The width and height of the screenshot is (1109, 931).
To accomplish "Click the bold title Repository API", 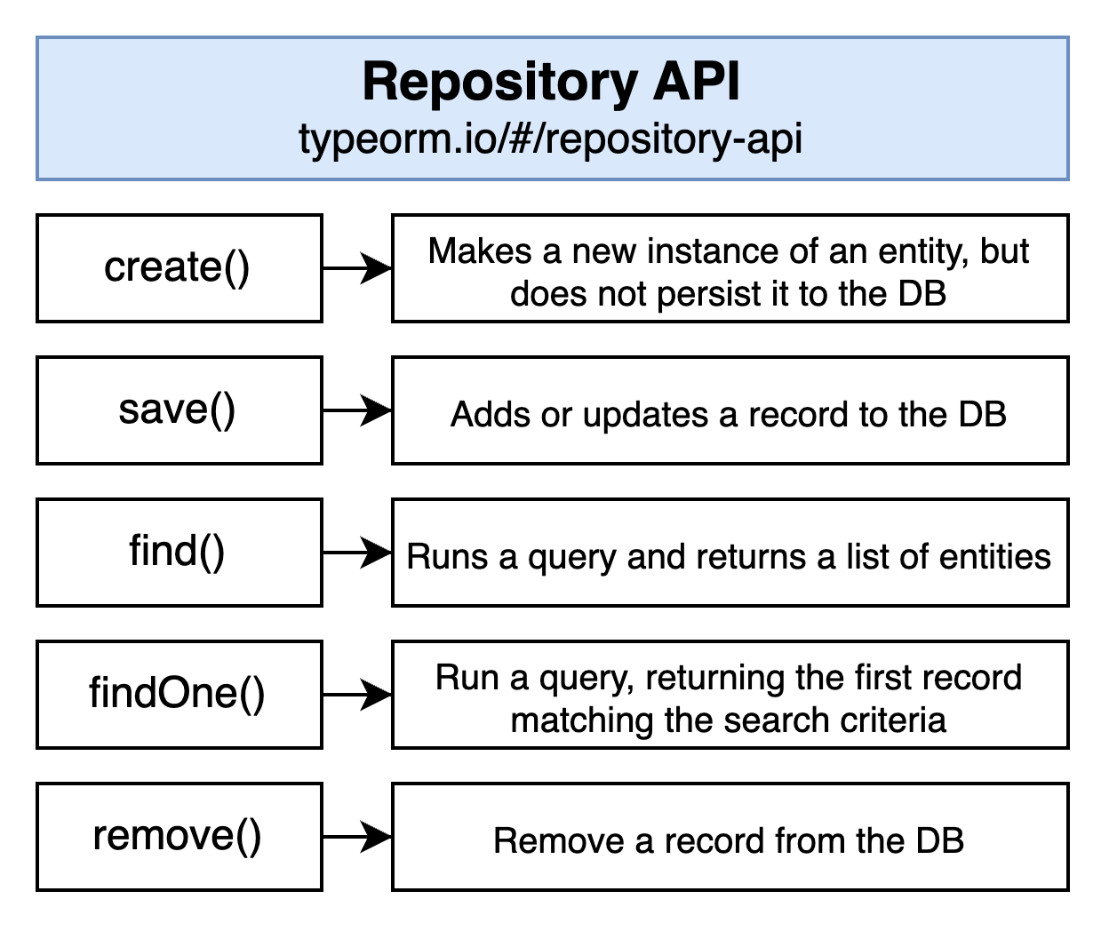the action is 551,83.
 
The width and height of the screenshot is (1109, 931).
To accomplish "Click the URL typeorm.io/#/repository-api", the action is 551,139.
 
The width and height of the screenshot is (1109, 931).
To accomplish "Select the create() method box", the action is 180,268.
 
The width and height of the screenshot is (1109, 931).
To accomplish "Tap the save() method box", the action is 180,410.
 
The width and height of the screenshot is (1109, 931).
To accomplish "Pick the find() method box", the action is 180,553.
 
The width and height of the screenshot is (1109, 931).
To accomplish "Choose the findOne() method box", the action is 180,695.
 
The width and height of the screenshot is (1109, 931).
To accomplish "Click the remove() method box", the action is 180,837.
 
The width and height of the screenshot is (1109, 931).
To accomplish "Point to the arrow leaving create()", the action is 357,268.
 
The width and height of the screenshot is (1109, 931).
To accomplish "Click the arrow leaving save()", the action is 357,410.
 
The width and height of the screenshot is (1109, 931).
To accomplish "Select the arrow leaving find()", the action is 357,553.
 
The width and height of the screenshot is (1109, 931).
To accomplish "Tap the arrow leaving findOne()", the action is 357,695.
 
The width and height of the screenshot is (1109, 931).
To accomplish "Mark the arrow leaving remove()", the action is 357,837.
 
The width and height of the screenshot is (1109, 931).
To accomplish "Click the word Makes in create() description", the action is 479,251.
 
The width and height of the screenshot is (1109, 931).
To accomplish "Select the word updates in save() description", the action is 645,416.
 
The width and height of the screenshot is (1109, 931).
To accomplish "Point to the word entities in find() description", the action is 994,557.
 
